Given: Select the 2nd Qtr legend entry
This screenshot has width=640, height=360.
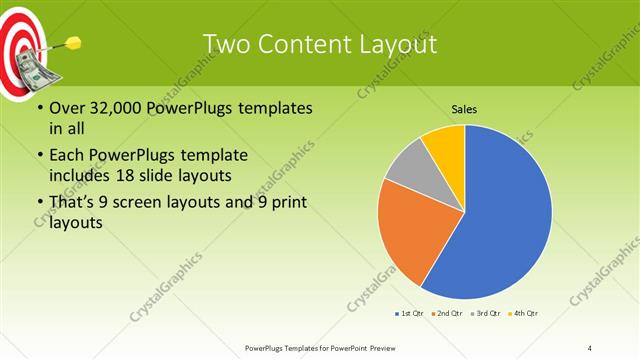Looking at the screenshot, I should (x=446, y=314).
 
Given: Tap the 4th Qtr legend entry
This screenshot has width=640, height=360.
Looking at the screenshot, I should (x=523, y=314).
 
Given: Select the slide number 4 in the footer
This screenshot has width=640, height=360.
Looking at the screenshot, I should (x=591, y=347).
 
